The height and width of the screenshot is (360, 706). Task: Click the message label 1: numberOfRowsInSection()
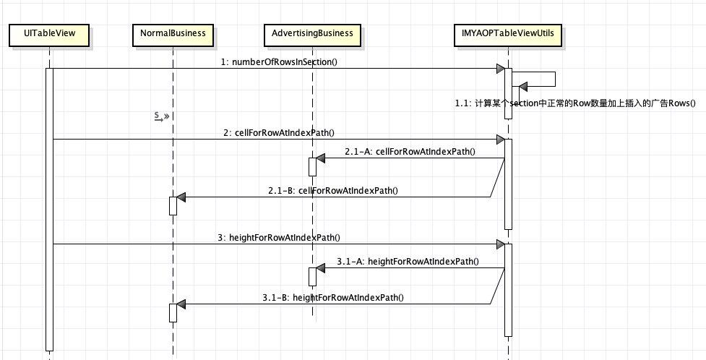279,62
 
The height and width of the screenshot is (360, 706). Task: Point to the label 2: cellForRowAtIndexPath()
279,133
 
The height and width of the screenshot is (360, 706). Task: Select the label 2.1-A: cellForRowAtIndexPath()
410,152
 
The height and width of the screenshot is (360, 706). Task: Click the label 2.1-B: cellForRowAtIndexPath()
332,191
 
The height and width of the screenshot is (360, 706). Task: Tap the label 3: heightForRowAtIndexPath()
279,237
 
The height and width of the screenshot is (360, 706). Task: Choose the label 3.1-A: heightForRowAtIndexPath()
408,262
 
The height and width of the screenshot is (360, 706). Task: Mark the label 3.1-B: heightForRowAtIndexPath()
332,298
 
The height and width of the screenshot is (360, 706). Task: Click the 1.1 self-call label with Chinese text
575,103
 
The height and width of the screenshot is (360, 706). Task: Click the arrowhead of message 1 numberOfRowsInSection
500,69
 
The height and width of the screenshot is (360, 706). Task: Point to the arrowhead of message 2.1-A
320,158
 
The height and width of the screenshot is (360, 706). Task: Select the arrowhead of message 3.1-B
181,304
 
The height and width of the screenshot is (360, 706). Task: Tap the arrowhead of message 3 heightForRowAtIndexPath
500,244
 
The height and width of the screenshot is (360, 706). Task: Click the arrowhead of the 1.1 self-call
522,87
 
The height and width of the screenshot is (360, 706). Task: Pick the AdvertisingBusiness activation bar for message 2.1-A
312,167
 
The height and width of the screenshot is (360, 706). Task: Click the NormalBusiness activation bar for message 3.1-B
173,313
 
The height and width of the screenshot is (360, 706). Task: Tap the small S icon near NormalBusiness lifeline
161,116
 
